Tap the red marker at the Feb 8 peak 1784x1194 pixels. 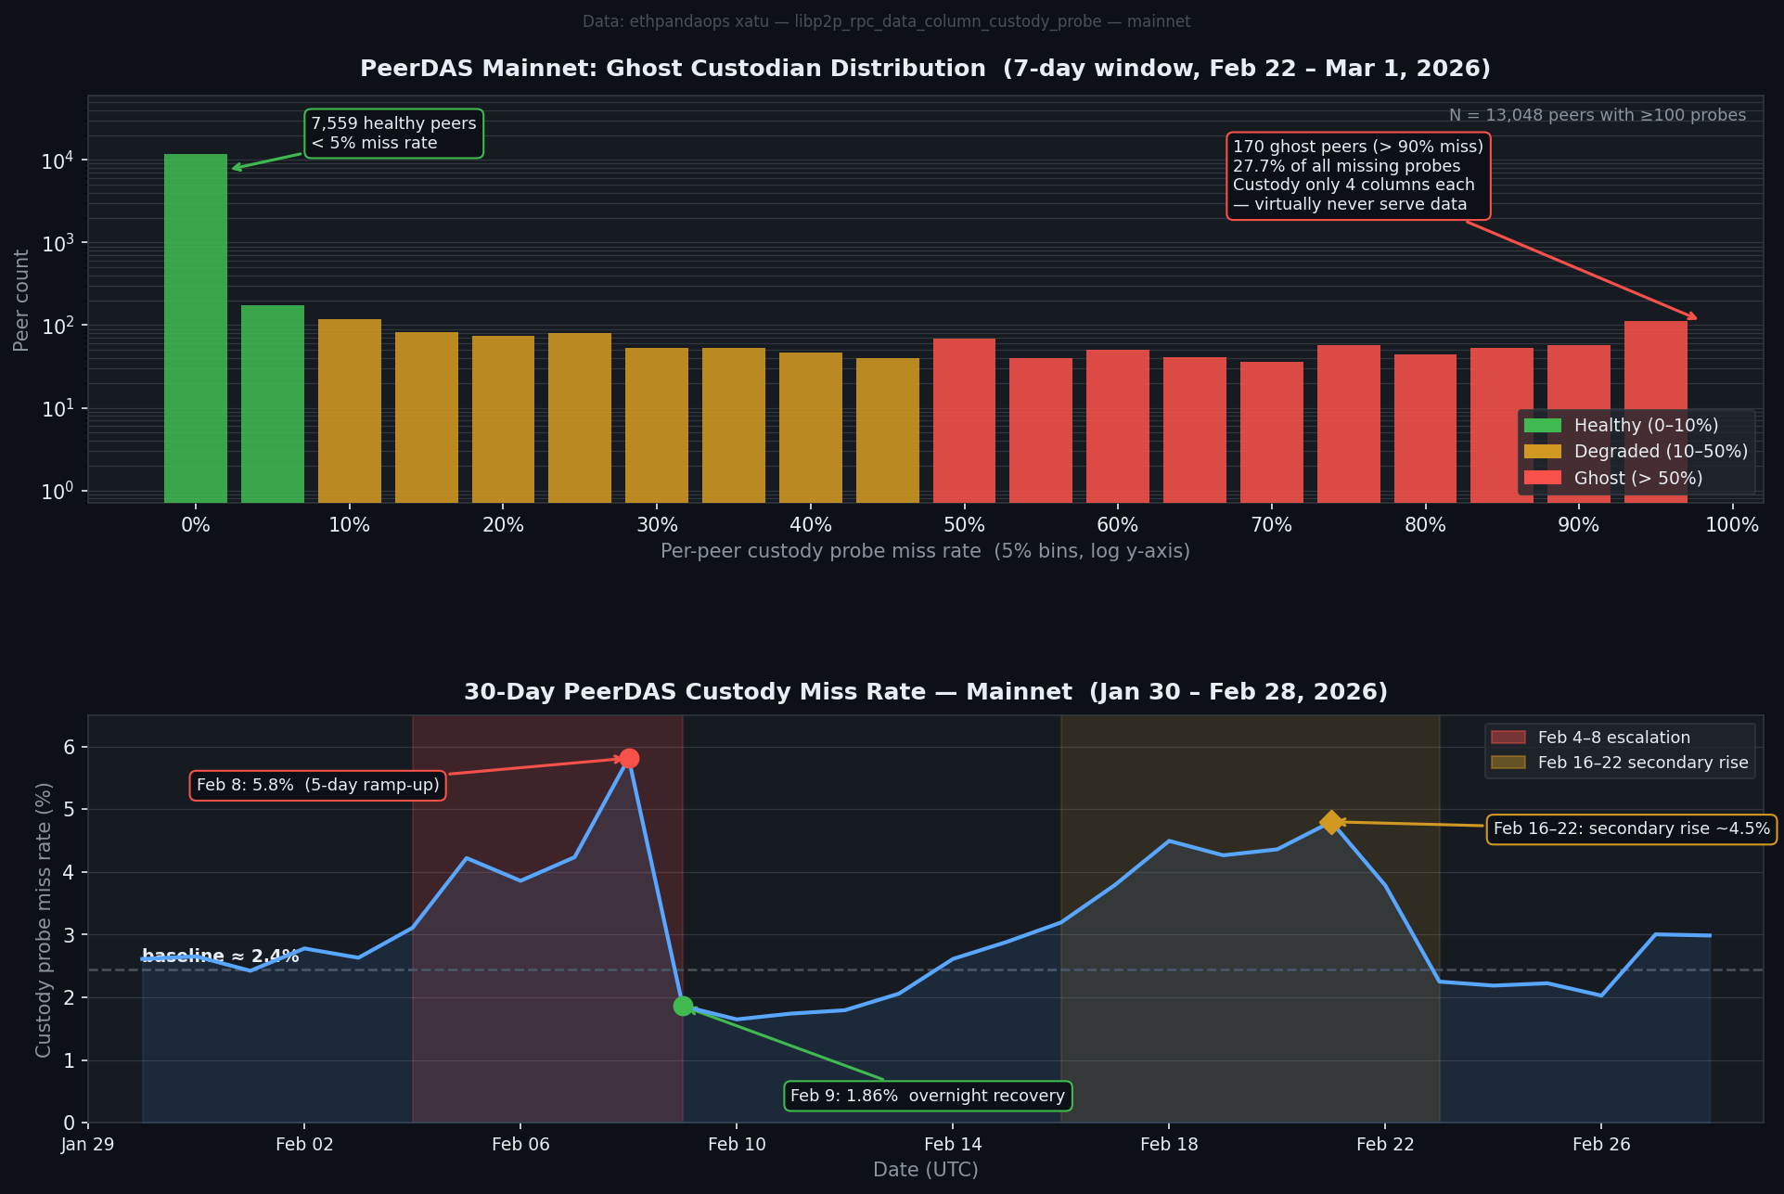(629, 759)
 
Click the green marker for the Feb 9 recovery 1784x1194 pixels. (683, 1006)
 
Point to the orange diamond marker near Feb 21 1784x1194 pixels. (1331, 822)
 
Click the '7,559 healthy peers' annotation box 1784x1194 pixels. (393, 134)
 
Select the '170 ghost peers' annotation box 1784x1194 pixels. (1357, 175)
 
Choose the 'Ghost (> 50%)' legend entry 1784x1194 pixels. (1637, 479)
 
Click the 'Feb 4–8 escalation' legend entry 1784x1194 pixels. (1613, 738)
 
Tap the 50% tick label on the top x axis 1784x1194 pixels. (964, 525)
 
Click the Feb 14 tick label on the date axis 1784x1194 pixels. (952, 1145)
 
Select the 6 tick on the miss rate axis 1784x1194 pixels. (70, 747)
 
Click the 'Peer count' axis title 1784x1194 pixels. (21, 300)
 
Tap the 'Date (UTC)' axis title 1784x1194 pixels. (925, 1170)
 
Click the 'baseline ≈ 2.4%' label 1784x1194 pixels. (220, 956)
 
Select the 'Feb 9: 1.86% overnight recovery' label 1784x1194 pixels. (927, 1096)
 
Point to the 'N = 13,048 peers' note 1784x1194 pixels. (1597, 115)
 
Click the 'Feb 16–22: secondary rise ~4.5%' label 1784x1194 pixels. (1631, 828)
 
